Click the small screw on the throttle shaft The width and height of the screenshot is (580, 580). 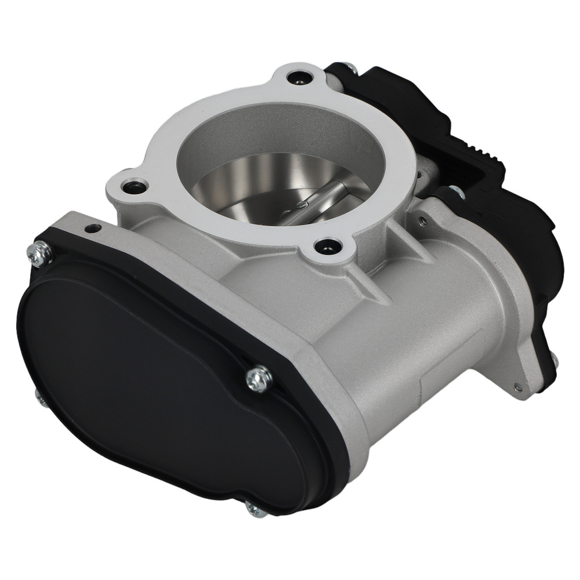[x=303, y=204]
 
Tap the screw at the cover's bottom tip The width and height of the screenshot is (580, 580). [x=256, y=509]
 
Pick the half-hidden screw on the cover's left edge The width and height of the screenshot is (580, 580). [x=38, y=394]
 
